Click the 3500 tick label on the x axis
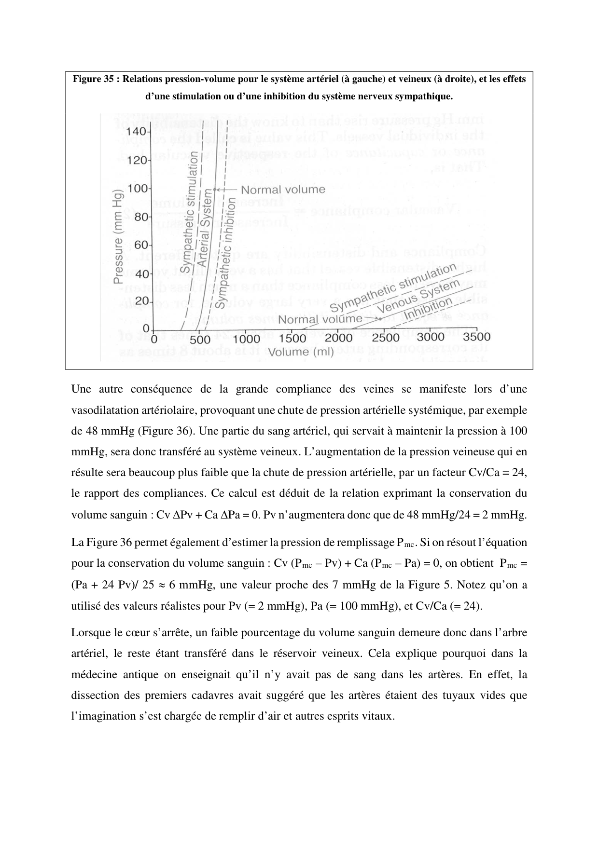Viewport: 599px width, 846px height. tap(476, 337)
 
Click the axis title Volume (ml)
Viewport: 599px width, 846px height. tap(301, 352)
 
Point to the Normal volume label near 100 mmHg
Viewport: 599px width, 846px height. tap(283, 190)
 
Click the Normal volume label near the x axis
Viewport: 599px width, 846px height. tap(320, 319)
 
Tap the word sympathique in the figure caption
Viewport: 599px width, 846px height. tap(427, 96)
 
